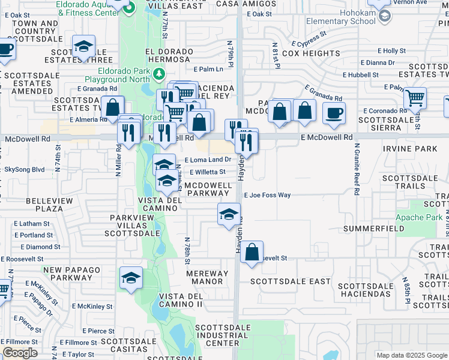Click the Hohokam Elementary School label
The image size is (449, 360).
tap(340, 17)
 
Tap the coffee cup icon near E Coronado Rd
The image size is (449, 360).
tap(334, 113)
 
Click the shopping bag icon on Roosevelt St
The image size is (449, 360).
tap(252, 252)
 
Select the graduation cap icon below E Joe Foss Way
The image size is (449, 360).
tap(228, 214)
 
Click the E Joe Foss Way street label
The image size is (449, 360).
tap(267, 195)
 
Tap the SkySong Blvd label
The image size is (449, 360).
tap(24, 170)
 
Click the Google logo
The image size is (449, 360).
tap(19, 353)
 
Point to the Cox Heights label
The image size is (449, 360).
tap(311, 53)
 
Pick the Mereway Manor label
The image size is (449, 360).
tap(207, 277)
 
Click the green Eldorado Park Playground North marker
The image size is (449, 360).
tap(159, 74)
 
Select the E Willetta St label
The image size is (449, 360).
tap(207, 172)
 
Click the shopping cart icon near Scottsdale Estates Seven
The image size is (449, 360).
tap(415, 97)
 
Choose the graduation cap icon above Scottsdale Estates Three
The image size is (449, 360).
tap(83, 46)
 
